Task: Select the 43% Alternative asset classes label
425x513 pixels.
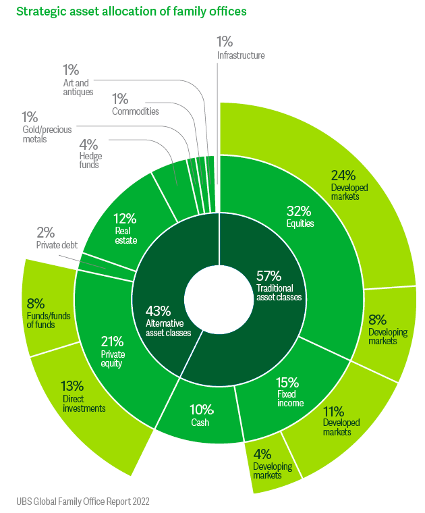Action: click(168, 321)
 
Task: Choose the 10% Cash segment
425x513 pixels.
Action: click(200, 415)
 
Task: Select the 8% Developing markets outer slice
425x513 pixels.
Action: click(388, 327)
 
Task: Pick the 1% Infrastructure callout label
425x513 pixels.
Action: click(240, 49)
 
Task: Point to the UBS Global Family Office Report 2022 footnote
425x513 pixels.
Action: click(82, 502)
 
